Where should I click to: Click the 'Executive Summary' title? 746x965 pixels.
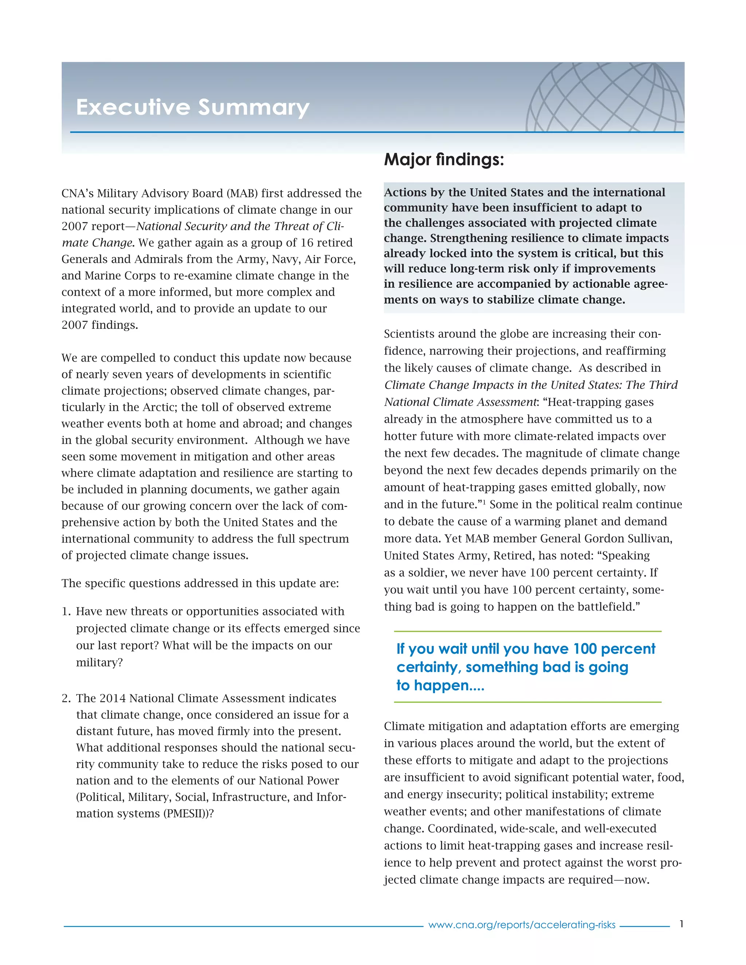click(193, 107)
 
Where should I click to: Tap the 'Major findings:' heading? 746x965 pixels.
click(444, 159)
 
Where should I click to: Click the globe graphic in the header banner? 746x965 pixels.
click(605, 97)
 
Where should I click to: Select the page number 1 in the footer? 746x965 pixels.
click(682, 923)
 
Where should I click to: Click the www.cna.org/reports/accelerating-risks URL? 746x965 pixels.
click(522, 925)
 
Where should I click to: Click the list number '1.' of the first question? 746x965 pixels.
click(66, 611)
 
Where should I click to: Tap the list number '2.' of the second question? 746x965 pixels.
click(66, 698)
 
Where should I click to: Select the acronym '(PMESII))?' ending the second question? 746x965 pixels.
click(189, 814)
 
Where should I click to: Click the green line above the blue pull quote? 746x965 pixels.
click(528, 631)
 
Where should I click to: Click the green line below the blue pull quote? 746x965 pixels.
click(528, 702)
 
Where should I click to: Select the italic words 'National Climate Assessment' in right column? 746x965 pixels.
click(460, 402)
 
